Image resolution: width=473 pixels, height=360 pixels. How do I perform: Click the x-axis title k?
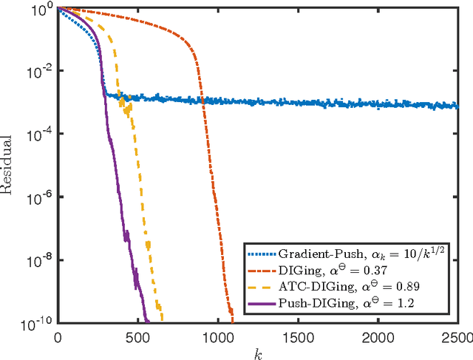tap(257, 354)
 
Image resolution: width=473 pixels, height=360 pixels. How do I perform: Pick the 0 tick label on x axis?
tap(58, 336)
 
